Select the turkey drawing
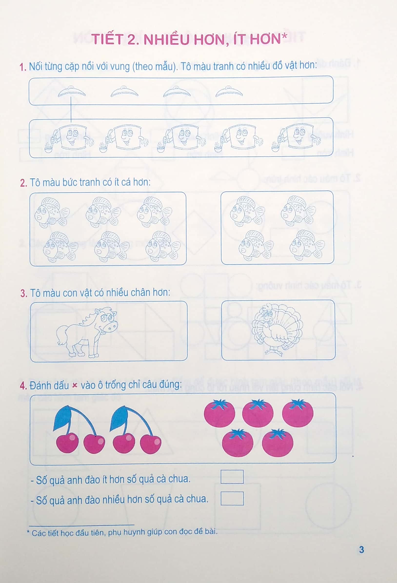[x=277, y=330]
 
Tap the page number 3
[x=361, y=549]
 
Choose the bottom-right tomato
[x=277, y=443]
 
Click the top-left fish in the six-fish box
[x=52, y=213]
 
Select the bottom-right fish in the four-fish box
[x=307, y=245]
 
